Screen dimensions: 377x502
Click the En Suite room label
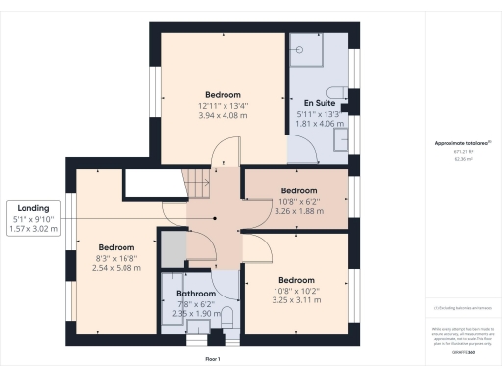pos(321,101)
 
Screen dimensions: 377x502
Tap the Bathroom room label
pos(195,294)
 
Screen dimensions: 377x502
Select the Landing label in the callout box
pos(33,207)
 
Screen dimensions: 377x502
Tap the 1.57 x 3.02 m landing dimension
pos(33,229)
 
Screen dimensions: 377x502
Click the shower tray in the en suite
pos(305,48)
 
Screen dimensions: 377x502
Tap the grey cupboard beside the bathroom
pos(173,249)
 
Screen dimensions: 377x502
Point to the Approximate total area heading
pos(462,144)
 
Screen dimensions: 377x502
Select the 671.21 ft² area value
pos(462,152)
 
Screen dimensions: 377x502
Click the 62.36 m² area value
pos(462,159)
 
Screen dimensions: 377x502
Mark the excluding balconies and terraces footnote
pos(462,307)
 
